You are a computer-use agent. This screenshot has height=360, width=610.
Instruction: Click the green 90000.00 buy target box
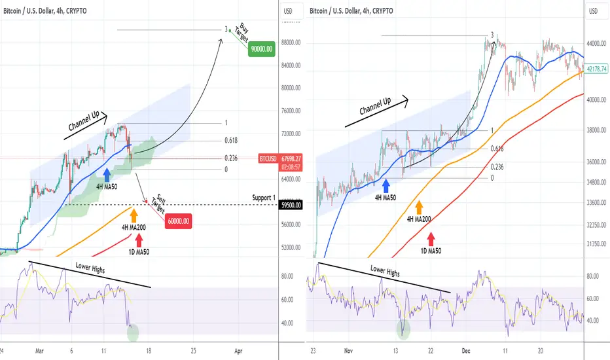(261, 49)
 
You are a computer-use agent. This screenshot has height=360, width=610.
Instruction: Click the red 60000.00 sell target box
(179, 221)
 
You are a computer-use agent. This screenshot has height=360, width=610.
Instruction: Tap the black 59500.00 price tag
(291, 205)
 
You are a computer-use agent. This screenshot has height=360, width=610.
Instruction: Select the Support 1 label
(263, 198)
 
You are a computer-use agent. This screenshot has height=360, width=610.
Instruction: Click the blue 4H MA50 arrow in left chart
(107, 175)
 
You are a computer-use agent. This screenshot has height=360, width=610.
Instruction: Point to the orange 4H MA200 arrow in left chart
(134, 215)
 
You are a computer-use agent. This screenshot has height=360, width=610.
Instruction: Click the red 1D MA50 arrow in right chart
(431, 239)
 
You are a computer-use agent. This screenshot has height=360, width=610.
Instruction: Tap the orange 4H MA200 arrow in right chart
(419, 207)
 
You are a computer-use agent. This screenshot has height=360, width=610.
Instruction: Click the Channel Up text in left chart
(84, 122)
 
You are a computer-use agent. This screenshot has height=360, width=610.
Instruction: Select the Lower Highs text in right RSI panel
(385, 270)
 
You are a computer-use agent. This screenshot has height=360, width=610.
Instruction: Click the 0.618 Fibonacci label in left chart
(230, 141)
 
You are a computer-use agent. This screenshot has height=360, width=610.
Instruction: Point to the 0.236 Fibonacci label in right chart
(497, 167)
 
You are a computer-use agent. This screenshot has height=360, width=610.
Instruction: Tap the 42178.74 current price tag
(596, 69)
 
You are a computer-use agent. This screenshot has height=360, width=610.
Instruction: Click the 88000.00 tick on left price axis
(291, 43)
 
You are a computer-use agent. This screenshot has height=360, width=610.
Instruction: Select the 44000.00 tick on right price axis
(596, 43)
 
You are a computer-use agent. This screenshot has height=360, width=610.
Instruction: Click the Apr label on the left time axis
(238, 351)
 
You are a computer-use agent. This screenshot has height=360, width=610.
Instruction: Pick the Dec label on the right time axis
(465, 351)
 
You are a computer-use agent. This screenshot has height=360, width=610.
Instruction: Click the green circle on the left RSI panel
(133, 333)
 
